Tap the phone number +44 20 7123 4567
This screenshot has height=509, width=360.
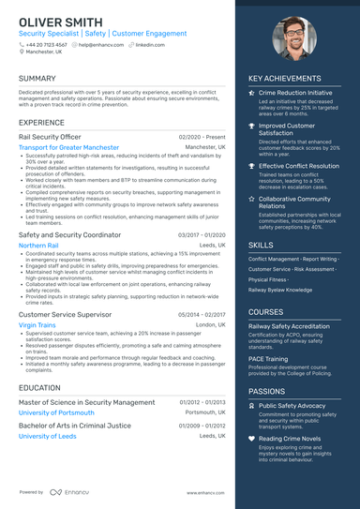click(46, 44)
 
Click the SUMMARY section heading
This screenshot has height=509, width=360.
click(37, 79)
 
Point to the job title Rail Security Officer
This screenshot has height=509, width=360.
click(56, 137)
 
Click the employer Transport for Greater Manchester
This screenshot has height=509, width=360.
click(68, 147)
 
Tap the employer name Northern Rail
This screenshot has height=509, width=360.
click(38, 246)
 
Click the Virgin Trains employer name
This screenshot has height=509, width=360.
click(37, 324)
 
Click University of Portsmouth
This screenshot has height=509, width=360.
click(55, 412)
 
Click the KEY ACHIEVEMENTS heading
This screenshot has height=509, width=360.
click(286, 79)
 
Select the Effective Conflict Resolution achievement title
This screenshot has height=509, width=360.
click(299, 166)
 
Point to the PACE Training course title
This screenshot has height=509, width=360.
click(270, 357)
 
